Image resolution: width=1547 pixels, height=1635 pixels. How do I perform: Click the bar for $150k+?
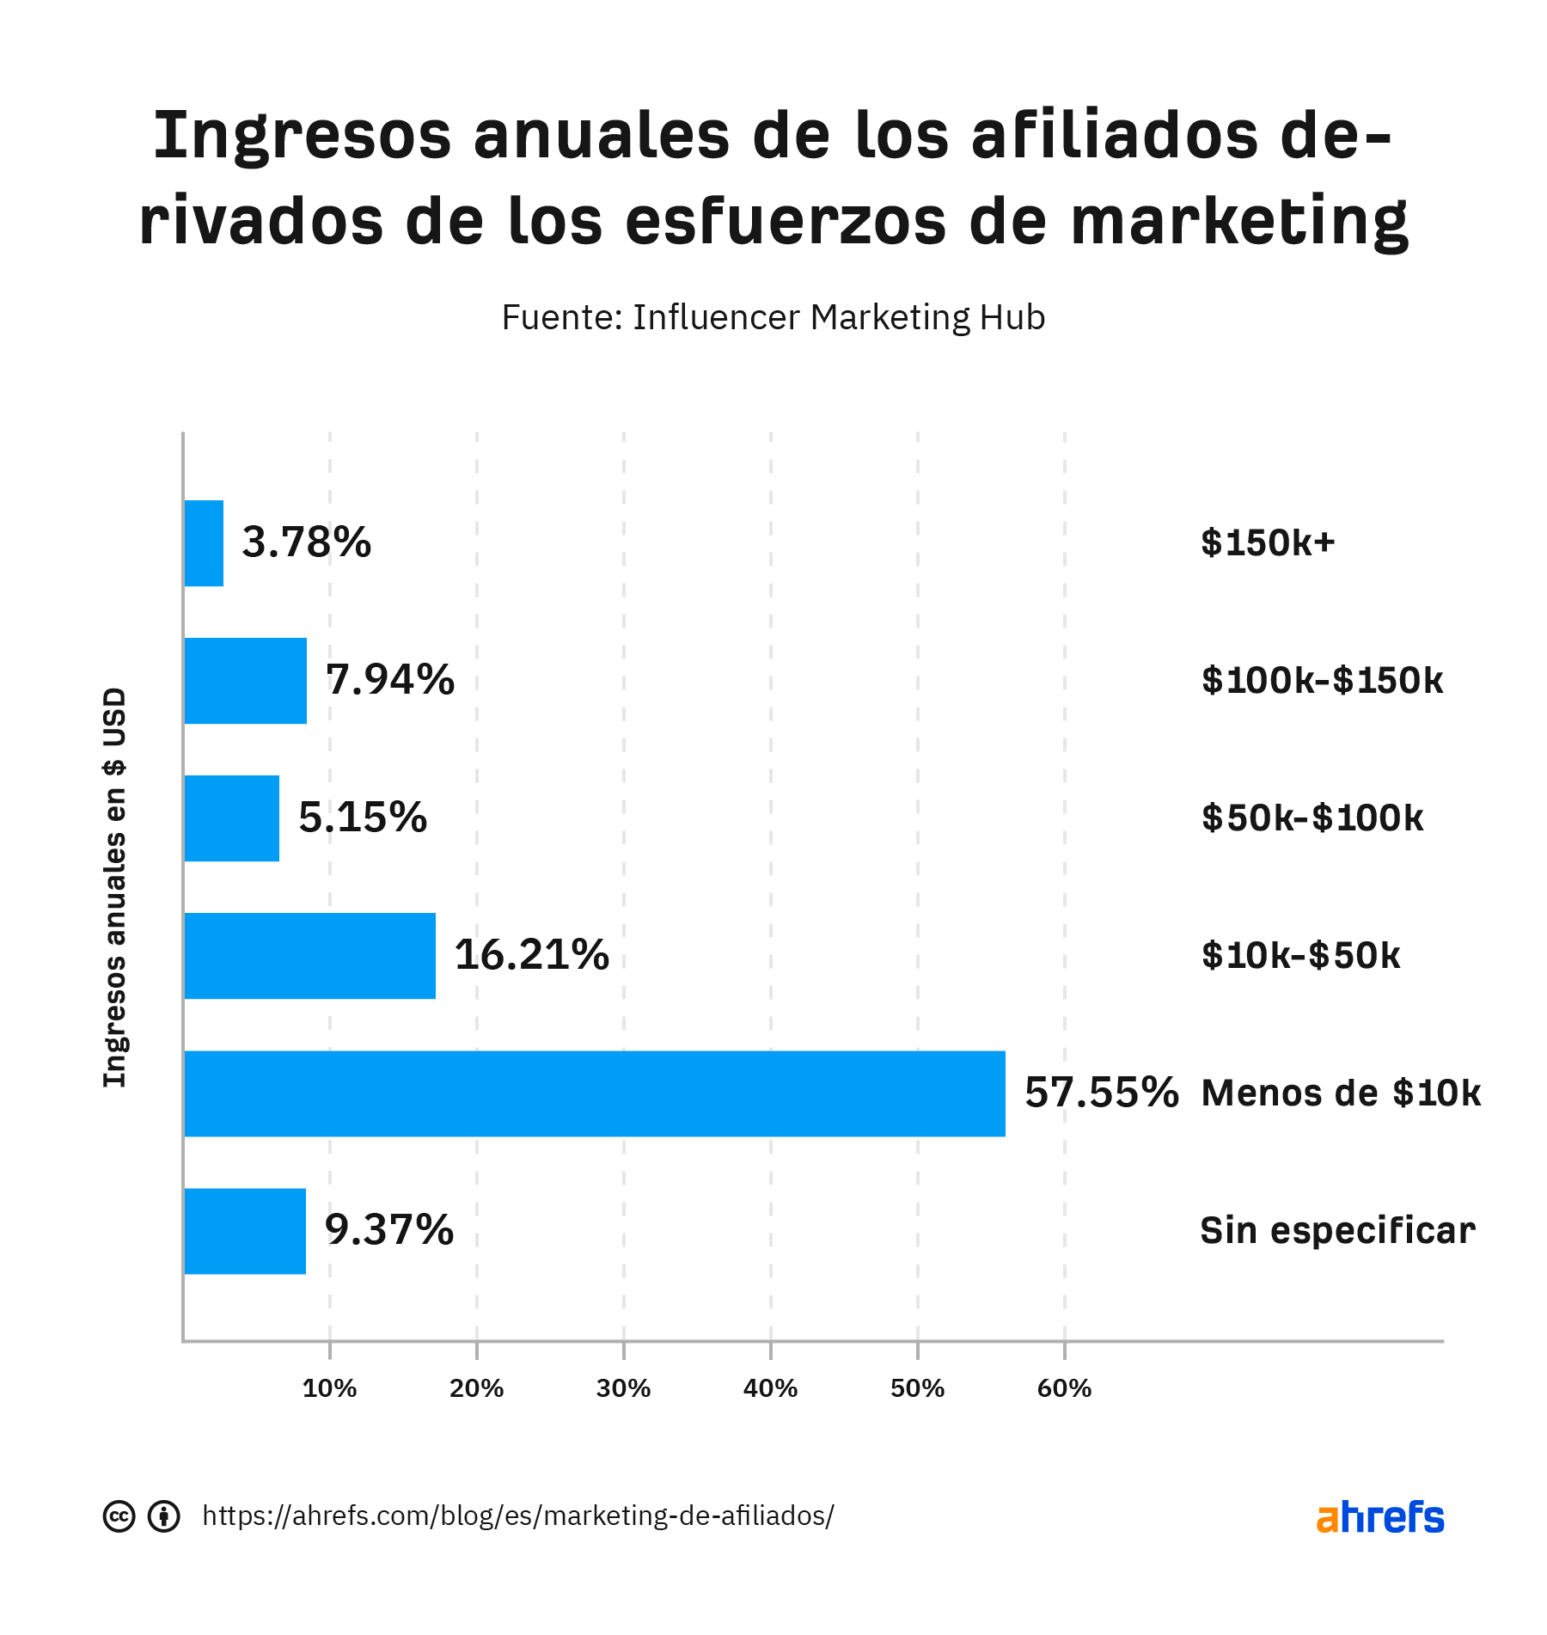[x=204, y=543]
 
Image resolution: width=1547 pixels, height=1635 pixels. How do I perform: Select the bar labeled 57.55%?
[x=594, y=1093]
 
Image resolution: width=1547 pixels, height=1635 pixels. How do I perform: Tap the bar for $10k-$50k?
[x=309, y=956]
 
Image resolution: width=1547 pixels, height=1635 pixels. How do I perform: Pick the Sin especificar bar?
[x=245, y=1231]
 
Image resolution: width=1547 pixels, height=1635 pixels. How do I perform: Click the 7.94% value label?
[x=389, y=680]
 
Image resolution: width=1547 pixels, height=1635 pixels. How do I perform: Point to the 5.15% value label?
[x=362, y=817]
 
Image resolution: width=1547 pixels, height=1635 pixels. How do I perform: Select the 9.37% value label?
[x=388, y=1230]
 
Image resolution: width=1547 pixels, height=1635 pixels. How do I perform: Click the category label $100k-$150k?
[x=1322, y=681]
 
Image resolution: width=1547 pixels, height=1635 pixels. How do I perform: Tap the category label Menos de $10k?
[x=1340, y=1093]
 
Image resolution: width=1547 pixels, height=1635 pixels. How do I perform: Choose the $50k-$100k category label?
[x=1312, y=818]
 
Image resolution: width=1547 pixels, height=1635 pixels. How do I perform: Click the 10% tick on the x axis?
[x=329, y=1388]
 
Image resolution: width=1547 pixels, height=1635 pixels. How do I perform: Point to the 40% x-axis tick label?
[x=770, y=1388]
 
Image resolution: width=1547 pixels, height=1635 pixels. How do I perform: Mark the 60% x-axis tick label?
[x=1064, y=1388]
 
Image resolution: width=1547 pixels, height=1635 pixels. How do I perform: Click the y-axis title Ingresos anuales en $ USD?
[x=115, y=887]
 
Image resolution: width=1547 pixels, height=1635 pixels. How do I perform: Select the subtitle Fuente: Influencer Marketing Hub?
[x=773, y=317]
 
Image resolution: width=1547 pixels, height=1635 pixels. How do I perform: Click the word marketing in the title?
[x=1239, y=222]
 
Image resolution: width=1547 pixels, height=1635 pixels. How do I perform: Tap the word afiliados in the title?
[x=1115, y=136]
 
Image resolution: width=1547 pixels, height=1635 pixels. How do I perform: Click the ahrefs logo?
[x=1379, y=1517]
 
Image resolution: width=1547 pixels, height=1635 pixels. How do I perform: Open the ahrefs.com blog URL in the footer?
[x=517, y=1516]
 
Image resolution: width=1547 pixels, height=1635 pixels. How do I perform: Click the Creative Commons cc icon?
[x=119, y=1516]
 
